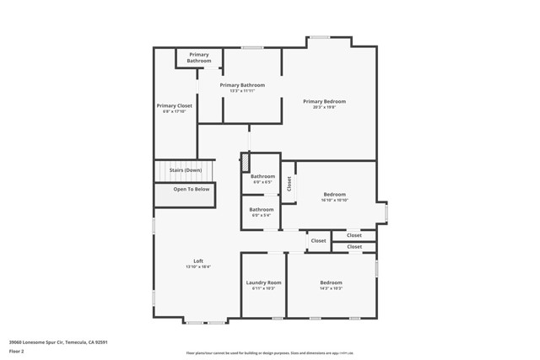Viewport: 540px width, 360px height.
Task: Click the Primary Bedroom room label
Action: (x=324, y=101)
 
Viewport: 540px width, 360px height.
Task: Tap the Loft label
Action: (x=198, y=261)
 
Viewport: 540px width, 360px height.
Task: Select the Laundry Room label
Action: (x=263, y=282)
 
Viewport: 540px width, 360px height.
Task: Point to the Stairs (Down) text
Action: (x=185, y=170)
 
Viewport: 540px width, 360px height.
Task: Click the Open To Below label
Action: (x=192, y=189)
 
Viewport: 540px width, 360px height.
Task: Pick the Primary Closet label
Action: (x=174, y=106)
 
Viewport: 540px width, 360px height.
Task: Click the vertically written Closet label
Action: (x=289, y=183)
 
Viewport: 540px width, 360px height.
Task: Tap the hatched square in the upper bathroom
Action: (x=246, y=163)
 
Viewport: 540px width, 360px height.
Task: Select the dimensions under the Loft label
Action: (x=198, y=267)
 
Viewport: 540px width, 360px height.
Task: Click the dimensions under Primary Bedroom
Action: (x=324, y=107)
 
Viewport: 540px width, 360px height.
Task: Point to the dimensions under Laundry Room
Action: (x=263, y=288)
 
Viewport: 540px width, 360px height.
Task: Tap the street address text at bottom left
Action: (x=58, y=341)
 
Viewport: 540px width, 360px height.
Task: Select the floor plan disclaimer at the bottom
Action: (x=270, y=354)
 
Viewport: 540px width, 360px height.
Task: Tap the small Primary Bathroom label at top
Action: (x=199, y=57)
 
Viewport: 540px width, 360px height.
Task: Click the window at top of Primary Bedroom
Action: (x=319, y=37)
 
